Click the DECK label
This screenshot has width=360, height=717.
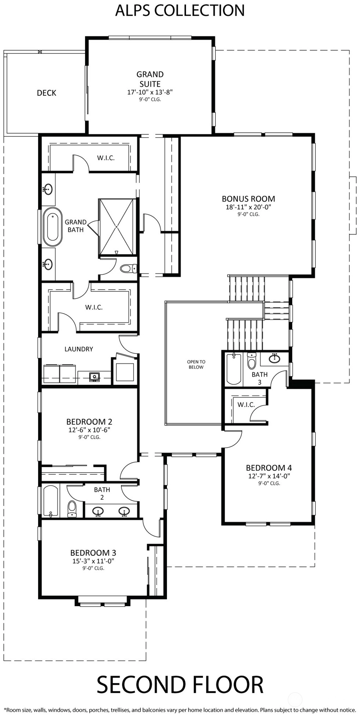[x=47, y=93]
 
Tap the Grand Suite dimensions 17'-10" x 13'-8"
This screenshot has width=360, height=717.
[x=150, y=92]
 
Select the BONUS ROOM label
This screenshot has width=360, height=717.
[x=248, y=199]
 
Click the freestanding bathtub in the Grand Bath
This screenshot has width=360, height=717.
[x=52, y=227]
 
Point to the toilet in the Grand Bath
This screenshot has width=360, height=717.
[x=128, y=269]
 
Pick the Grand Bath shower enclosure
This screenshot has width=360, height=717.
[x=117, y=227]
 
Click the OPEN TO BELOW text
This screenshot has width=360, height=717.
[x=196, y=364]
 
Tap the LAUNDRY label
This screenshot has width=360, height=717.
[x=79, y=349]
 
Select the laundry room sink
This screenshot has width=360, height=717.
[x=95, y=376]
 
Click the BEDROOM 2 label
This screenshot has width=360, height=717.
[x=89, y=421]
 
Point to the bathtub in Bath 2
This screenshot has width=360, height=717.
[x=51, y=501]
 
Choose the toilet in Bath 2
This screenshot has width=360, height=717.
[x=72, y=509]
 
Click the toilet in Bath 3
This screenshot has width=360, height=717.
[x=251, y=361]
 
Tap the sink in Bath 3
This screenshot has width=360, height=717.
[x=274, y=358]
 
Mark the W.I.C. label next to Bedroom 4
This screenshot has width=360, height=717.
[x=246, y=405]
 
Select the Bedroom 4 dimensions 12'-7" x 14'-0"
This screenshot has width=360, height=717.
[x=269, y=476]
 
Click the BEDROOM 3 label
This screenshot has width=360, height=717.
[x=93, y=553]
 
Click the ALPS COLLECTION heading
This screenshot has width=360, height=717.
[x=180, y=10]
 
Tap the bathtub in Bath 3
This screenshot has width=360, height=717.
[x=234, y=369]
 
